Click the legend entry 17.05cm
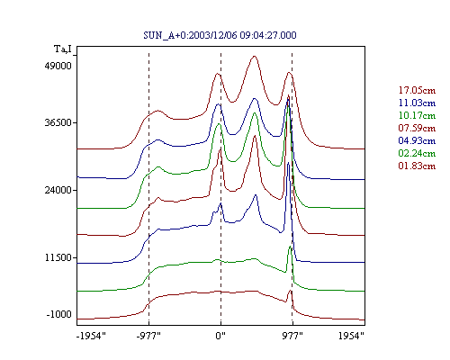417,90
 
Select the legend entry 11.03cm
417,103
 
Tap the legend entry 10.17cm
417,115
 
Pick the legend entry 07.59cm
417,128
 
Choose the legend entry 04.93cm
417,140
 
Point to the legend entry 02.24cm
417,153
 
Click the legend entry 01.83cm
417,166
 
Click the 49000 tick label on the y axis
58,66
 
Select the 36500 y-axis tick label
58,122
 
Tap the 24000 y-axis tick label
58,190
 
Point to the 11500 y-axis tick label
58,257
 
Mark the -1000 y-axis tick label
58,314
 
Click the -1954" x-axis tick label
91,336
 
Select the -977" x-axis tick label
148,336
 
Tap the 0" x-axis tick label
220,336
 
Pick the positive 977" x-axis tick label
292,336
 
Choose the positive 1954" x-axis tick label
351,336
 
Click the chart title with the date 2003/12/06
220,35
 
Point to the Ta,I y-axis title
63,49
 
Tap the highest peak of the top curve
255,56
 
